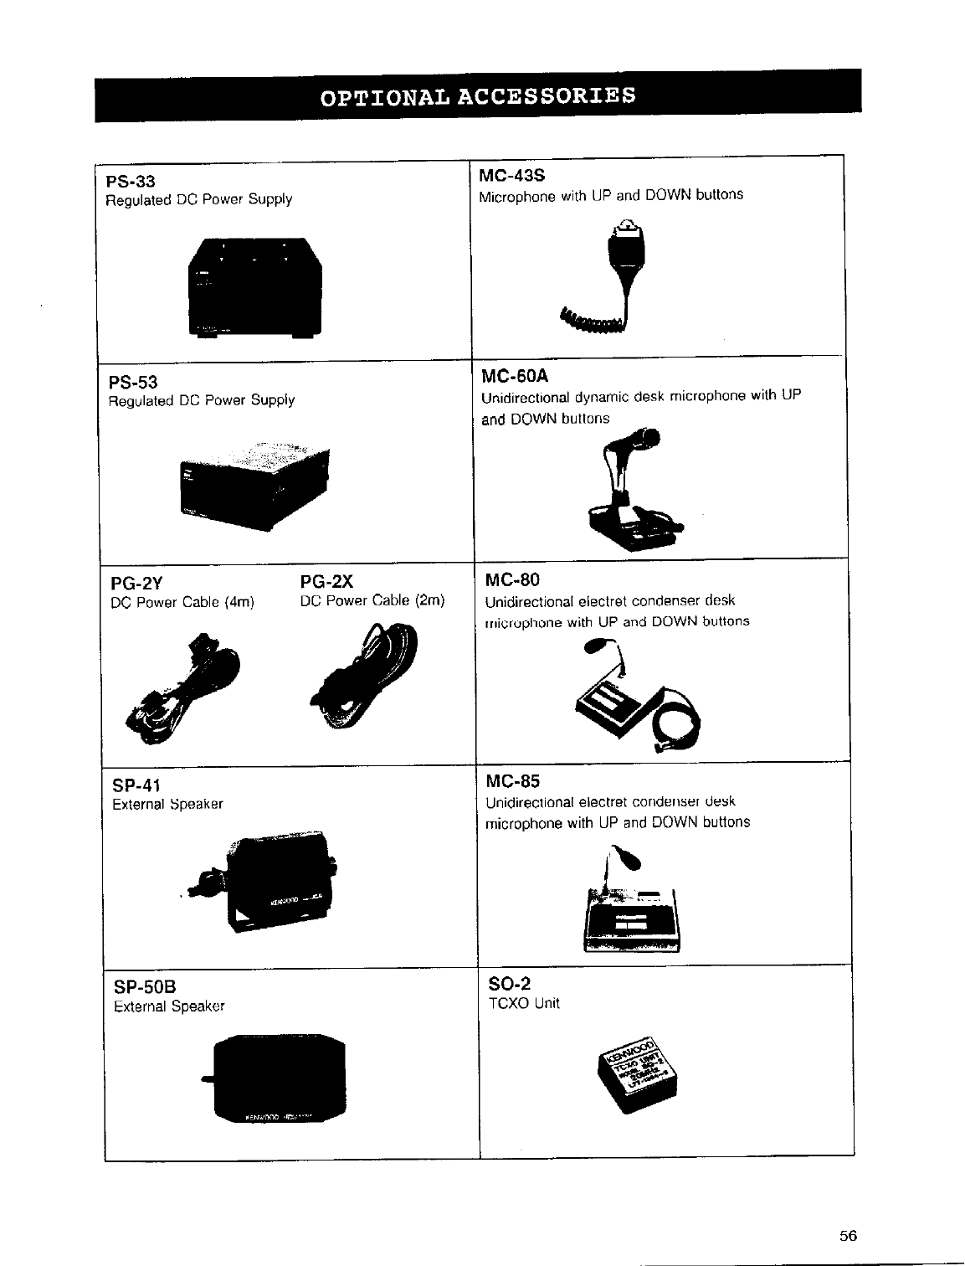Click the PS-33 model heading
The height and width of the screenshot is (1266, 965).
131,181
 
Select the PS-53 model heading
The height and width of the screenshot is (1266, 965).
133,382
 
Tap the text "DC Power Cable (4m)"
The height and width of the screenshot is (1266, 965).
182,602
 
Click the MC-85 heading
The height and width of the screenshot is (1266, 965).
512,782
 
